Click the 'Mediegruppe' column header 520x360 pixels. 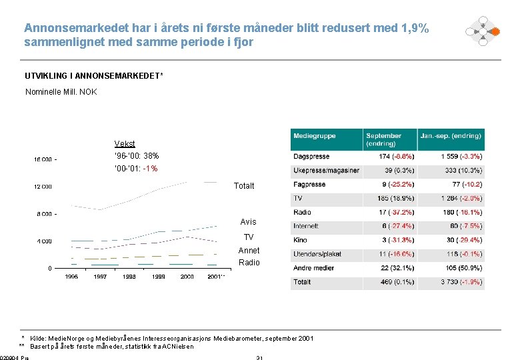coord(315,136)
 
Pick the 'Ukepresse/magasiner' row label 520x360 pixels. coord(326,171)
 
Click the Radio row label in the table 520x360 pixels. coord(302,213)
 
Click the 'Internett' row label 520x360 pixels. coord(306,227)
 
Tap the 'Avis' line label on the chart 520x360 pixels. coord(248,222)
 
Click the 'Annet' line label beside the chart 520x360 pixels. coord(249,251)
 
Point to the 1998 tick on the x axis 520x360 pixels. coord(129,277)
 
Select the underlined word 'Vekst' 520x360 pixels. coord(125,143)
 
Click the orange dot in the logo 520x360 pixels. coord(495,31)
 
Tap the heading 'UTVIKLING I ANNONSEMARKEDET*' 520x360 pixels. coord(93,76)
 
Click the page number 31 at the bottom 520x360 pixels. coord(259,358)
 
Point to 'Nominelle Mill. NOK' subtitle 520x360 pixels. coord(61,91)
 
